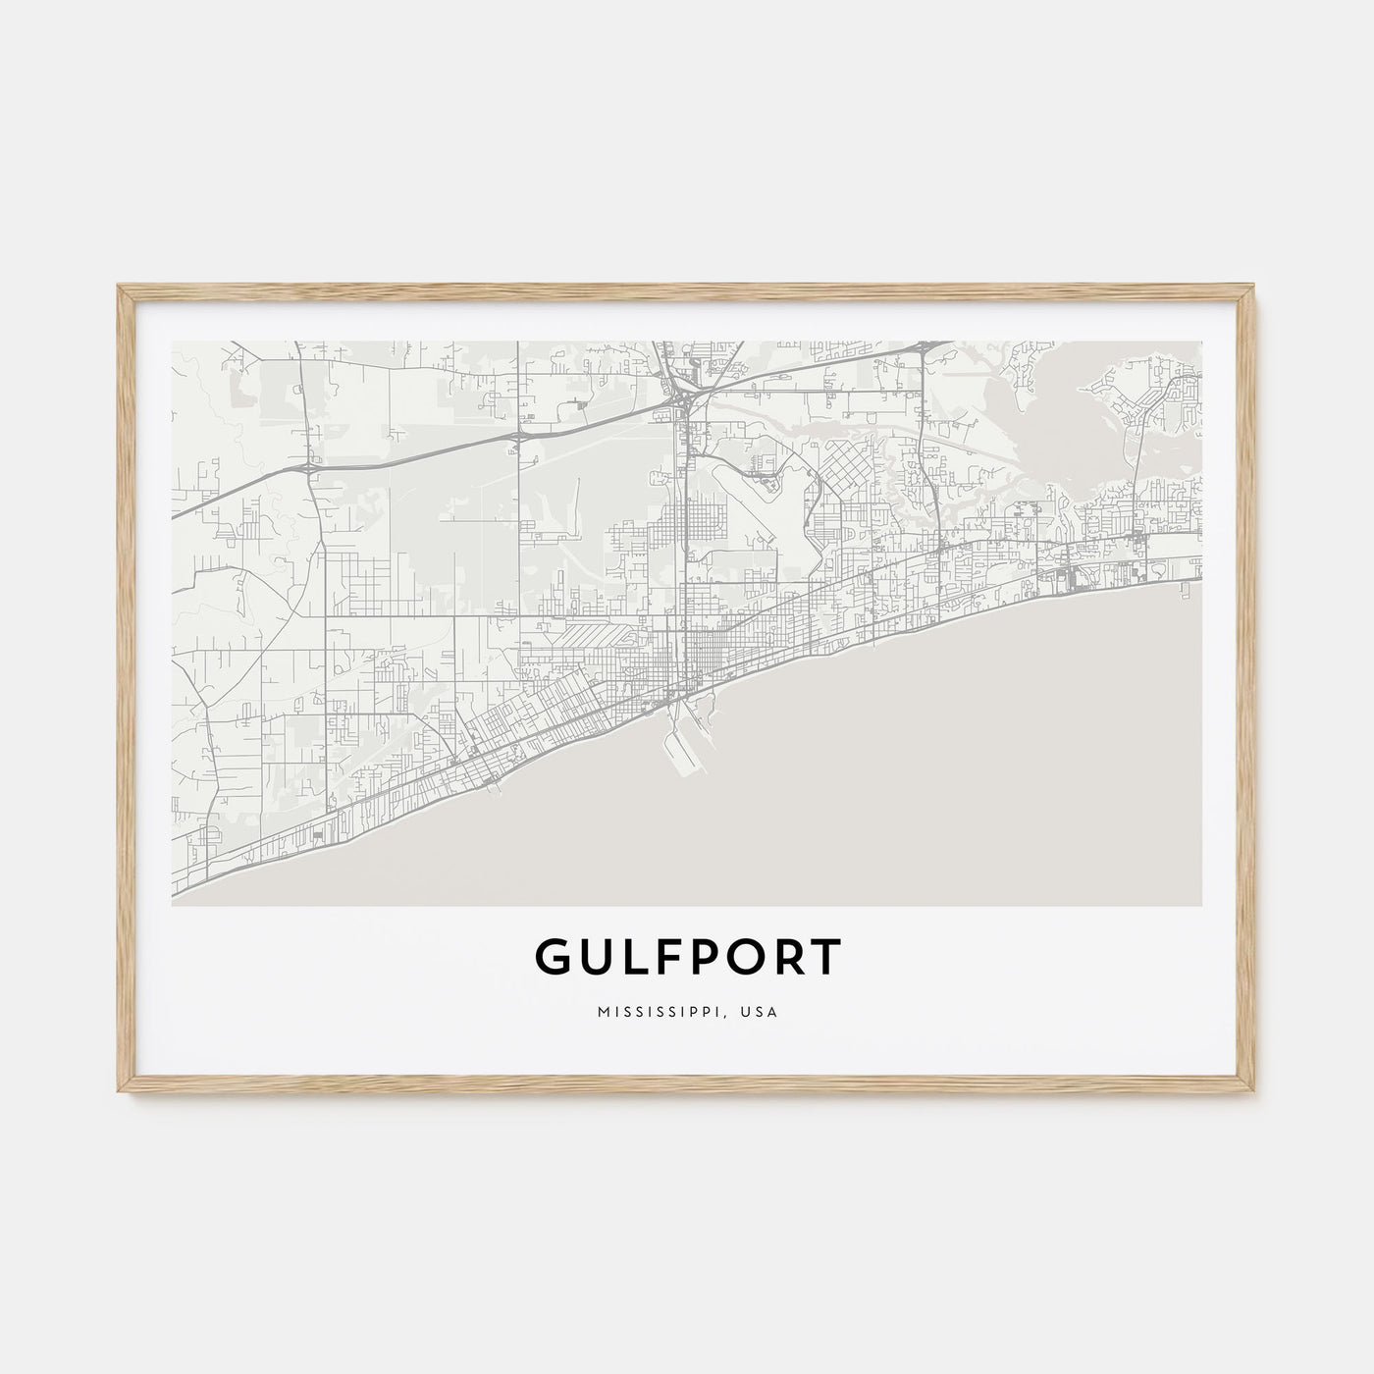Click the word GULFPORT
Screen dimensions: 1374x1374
(x=687, y=957)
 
